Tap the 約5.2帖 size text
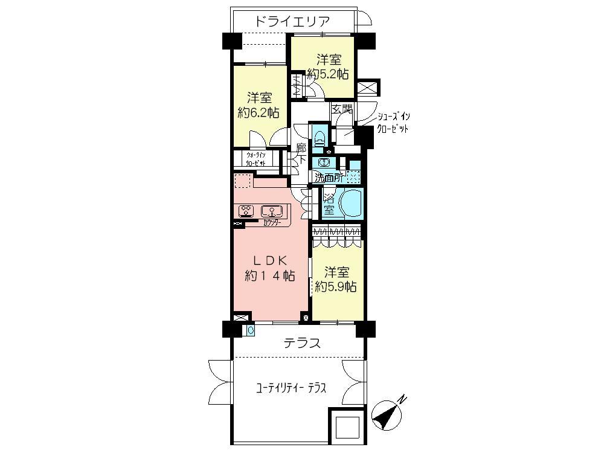(x=328, y=74)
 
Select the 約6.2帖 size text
(x=259, y=112)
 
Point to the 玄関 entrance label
(x=342, y=109)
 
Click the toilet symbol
(x=318, y=137)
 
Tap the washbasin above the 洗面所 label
(x=324, y=162)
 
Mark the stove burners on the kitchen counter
(x=246, y=211)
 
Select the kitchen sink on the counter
(x=272, y=211)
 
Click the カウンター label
(x=271, y=223)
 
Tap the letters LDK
(x=270, y=260)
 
